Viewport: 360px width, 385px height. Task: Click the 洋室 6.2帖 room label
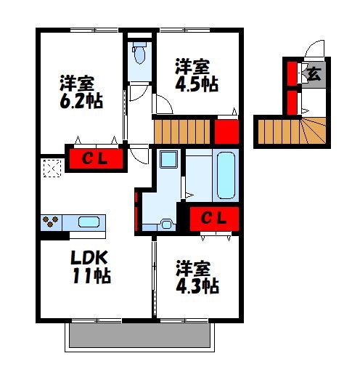pos(81,92)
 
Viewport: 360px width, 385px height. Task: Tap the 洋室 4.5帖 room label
pos(197,76)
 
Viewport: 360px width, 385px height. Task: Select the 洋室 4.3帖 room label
pos(197,277)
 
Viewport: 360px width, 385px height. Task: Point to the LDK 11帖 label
pos(91,267)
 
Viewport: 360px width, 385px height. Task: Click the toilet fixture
pos(139,52)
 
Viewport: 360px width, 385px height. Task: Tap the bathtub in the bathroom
pos(226,175)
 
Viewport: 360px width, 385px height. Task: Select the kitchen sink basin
pos(89,222)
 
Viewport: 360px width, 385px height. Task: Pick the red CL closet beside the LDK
pos(96,159)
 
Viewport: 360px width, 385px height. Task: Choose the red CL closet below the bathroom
pos(214,219)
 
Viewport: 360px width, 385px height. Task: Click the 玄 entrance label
pos(314,74)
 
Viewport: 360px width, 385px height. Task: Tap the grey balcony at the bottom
pos(139,335)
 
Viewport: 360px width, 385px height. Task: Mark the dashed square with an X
pos(52,169)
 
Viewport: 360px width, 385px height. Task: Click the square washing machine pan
pos(168,159)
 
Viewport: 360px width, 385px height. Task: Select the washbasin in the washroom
pos(166,224)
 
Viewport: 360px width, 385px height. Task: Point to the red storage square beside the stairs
pos(226,131)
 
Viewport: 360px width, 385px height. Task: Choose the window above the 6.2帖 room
pos(94,31)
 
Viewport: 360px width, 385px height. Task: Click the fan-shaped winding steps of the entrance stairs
pos(314,131)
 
